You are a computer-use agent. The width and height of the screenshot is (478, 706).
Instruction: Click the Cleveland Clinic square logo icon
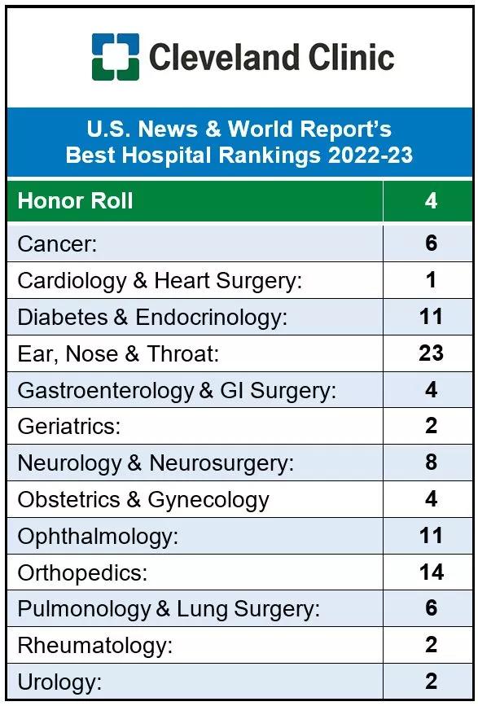coord(115,57)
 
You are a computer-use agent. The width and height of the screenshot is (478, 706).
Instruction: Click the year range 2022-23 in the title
coord(370,155)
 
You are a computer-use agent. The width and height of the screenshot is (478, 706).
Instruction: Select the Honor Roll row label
coord(75,201)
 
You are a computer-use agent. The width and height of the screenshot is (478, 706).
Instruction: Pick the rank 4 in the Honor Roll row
coord(431,201)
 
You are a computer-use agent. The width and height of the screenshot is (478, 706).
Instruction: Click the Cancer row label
coord(57,243)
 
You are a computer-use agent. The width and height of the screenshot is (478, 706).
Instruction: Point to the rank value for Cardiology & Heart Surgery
coord(431,279)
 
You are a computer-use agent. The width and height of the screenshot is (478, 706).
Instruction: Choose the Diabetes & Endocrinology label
coord(152,317)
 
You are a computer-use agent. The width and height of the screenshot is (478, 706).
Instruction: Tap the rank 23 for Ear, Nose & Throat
coord(431,353)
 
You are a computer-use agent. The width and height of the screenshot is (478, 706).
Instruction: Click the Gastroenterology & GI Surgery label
coord(177,390)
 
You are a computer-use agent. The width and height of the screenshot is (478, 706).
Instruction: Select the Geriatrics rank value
coord(431,426)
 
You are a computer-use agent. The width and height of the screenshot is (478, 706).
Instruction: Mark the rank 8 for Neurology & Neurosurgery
coord(431,462)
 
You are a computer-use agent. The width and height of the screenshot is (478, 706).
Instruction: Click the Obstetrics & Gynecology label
coord(143,500)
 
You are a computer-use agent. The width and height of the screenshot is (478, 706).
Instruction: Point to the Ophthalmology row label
coord(98,537)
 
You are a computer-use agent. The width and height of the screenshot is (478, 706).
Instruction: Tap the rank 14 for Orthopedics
coord(432,572)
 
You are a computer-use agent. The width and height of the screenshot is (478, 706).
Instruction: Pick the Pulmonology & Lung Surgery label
coord(169,609)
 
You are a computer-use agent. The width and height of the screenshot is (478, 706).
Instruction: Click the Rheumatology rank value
coord(431,644)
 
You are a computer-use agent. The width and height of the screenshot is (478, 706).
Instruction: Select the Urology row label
coord(60,682)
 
